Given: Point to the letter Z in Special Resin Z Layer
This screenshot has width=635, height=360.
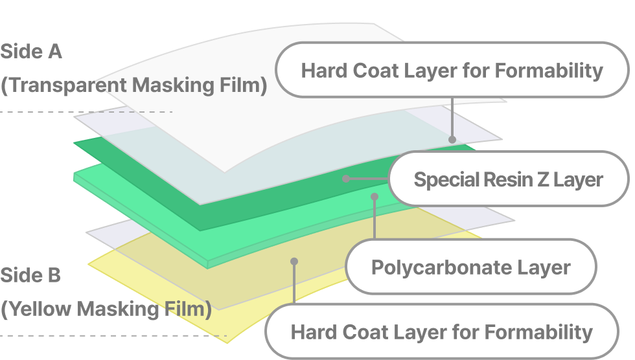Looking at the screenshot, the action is click(x=544, y=179).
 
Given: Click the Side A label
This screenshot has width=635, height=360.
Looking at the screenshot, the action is click(x=31, y=52).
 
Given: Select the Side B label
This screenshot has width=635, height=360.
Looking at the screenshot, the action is click(x=30, y=275).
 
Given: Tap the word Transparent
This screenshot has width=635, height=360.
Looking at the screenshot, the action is click(x=67, y=85).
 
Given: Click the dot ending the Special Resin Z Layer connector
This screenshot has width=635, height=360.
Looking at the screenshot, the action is click(x=346, y=179).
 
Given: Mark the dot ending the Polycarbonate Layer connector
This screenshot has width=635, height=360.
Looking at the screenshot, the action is click(x=375, y=197).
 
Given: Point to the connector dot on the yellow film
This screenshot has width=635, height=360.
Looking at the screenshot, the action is click(x=294, y=262).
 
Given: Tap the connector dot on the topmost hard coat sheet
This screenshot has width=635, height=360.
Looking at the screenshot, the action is click(x=452, y=140).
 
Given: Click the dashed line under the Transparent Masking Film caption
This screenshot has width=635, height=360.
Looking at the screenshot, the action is click(x=86, y=111).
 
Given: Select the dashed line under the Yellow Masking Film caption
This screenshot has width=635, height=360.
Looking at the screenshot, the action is click(x=113, y=336).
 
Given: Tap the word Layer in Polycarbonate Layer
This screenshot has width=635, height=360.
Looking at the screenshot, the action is click(x=538, y=268).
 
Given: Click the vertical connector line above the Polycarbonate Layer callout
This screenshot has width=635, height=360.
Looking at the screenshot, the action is click(x=375, y=218).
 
